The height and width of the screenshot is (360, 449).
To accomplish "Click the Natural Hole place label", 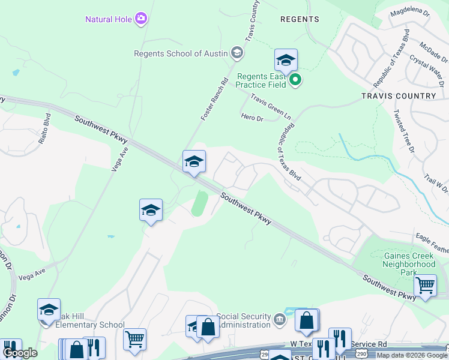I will point(108,19).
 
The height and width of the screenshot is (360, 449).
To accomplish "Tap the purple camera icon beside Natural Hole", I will point(142,19).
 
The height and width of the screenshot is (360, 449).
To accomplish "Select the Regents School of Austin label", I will point(181,53).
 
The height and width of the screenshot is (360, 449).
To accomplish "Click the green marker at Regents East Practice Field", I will point(295,79).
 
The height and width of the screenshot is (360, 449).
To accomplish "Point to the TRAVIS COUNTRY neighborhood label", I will point(399,96).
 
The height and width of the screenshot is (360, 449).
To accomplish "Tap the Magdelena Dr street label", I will point(410,12).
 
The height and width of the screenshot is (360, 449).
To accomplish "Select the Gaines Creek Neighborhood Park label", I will point(409,264).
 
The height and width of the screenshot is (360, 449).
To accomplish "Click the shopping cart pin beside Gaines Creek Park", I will point(426,286).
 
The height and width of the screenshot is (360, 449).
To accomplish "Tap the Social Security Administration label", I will point(243,320).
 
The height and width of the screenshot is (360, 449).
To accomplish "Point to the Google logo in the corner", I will point(20,353).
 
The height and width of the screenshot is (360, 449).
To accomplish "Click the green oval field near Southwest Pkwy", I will point(199,203).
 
